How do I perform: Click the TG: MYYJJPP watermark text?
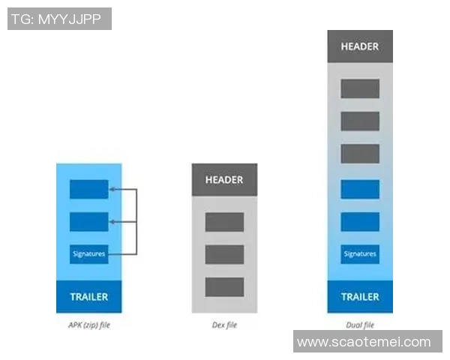59,19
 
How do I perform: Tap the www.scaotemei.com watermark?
364,342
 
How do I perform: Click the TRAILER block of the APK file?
88,296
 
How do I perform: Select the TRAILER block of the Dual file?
360,296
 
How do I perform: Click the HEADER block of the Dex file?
224,180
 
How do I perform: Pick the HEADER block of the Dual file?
360,46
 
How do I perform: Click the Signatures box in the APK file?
88,254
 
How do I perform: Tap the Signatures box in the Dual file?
360,254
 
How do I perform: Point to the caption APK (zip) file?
88,325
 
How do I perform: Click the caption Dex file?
224,325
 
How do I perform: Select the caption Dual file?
360,325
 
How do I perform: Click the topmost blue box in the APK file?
88,190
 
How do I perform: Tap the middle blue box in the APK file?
88,222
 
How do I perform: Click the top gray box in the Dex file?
224,222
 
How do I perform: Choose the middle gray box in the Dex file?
224,254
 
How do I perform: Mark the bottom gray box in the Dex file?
224,286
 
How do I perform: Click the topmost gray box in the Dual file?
360,88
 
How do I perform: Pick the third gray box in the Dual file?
360,154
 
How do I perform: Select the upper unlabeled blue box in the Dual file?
360,189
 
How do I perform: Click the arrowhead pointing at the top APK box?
112,190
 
